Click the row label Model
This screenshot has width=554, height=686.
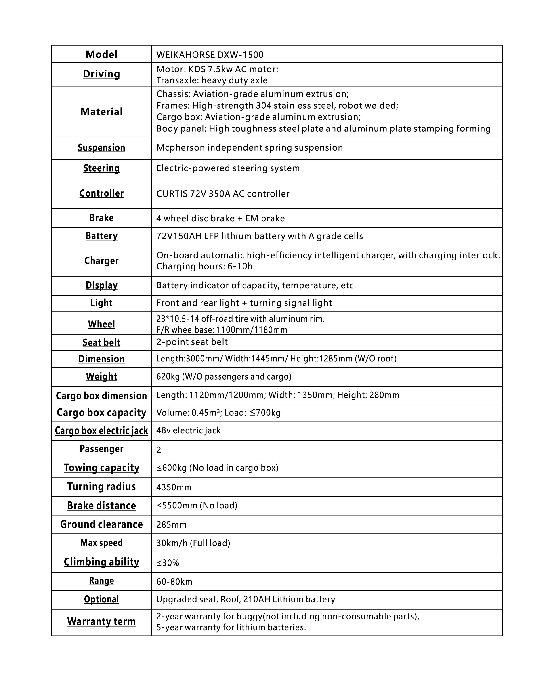point(101,54)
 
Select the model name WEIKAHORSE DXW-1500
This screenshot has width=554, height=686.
point(210,55)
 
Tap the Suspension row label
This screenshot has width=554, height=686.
point(101,147)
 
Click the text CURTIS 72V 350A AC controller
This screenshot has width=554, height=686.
point(223,194)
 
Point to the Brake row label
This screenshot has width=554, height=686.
point(101,218)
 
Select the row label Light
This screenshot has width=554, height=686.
point(101,303)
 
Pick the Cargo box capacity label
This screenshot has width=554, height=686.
point(101,413)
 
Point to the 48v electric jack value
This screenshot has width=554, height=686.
point(188,430)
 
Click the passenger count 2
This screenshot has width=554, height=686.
point(159,450)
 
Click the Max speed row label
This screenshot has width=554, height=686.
point(101,543)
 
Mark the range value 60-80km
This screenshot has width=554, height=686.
point(174,582)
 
